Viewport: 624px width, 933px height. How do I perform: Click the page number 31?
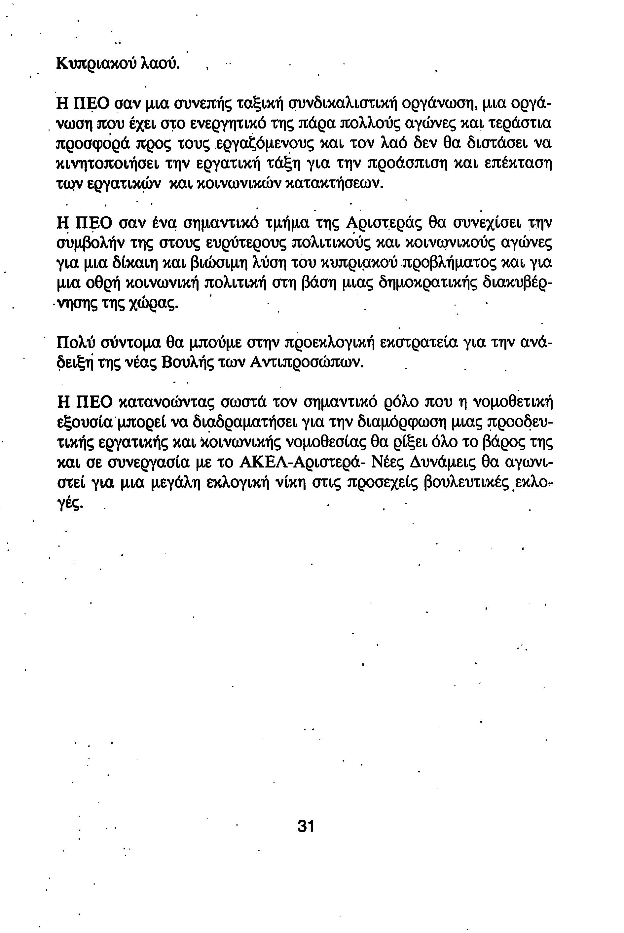[x=306, y=826]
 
